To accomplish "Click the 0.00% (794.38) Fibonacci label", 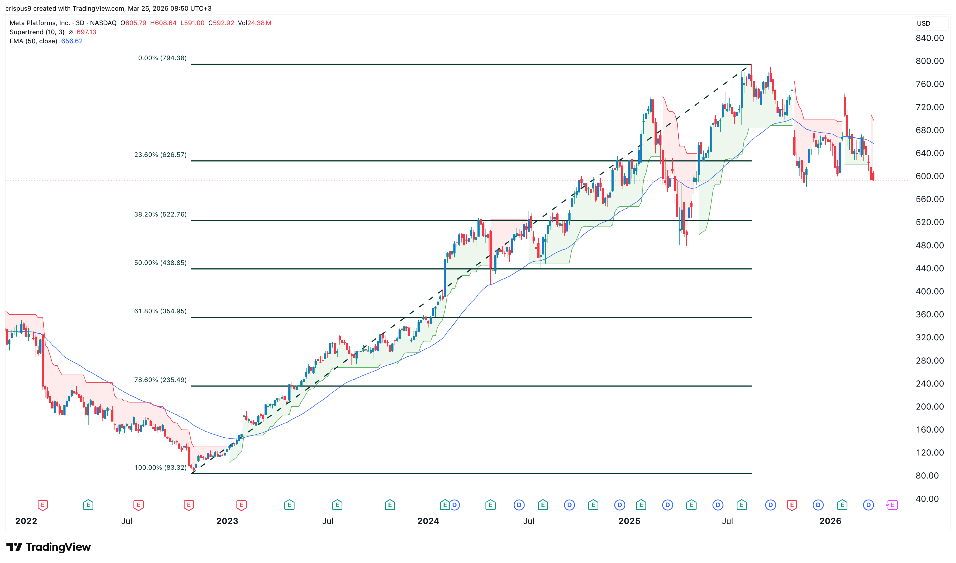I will (162, 58).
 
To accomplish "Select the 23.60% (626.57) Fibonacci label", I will (160, 155).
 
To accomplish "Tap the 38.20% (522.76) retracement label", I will (160, 214).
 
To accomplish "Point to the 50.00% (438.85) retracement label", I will (160, 263).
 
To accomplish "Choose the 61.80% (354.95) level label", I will (160, 311).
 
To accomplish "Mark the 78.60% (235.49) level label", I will (160, 380).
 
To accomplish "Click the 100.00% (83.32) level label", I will (160, 467).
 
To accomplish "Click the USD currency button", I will (923, 24).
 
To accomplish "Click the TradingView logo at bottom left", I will (49, 547).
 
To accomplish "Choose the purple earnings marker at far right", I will (892, 505).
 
